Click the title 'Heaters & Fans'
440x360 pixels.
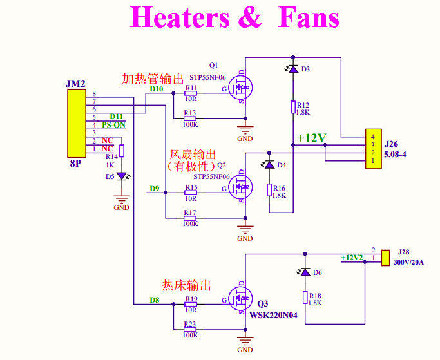coord(234,17)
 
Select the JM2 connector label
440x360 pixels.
coord(75,84)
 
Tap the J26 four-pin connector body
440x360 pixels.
coord(372,149)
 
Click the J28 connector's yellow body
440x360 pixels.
coord(386,258)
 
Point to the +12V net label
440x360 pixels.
coord(312,138)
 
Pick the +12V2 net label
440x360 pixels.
coord(352,258)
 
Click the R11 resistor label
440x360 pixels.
coord(191,88)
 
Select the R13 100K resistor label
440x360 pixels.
coord(190,113)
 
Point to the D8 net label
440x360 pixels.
coord(155,299)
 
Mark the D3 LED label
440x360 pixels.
coord(305,69)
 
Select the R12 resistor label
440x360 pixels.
coord(304,105)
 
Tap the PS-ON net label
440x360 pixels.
coord(114,125)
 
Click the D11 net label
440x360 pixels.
coord(116,117)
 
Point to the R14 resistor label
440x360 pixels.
coord(111,156)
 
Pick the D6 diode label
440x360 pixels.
coord(318,272)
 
